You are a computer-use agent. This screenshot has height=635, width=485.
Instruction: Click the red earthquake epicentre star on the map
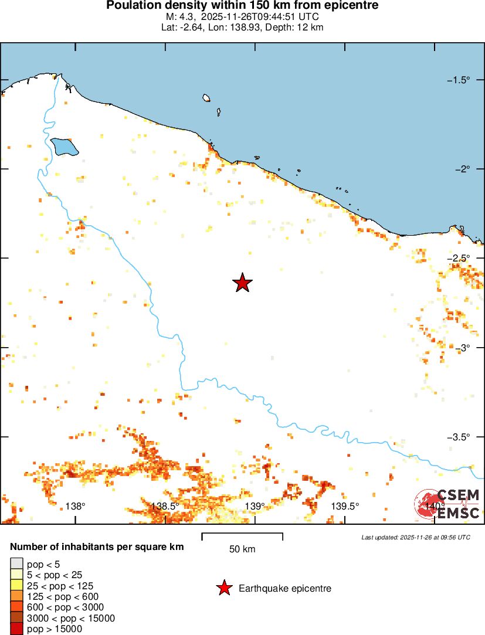(242, 283)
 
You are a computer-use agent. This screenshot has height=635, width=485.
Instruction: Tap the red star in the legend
(223, 588)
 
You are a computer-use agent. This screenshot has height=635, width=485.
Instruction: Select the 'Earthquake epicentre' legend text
(285, 588)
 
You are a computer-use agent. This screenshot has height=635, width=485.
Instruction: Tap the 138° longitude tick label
(75, 506)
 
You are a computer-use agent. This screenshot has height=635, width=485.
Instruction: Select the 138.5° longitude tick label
(165, 506)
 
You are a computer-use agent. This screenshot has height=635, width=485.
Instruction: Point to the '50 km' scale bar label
(242, 549)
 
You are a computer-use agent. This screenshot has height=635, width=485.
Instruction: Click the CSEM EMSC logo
(447, 504)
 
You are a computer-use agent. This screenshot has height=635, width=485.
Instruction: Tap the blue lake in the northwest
(64, 147)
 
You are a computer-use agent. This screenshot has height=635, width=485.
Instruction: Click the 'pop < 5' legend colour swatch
(16, 564)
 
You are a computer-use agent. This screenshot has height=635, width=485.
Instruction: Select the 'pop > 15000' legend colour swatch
(16, 629)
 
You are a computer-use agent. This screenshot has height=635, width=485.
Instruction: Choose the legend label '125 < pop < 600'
(62, 596)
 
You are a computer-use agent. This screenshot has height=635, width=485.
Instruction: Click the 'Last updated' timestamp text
(415, 537)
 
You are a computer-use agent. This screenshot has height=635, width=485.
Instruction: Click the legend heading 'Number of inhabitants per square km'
(97, 547)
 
